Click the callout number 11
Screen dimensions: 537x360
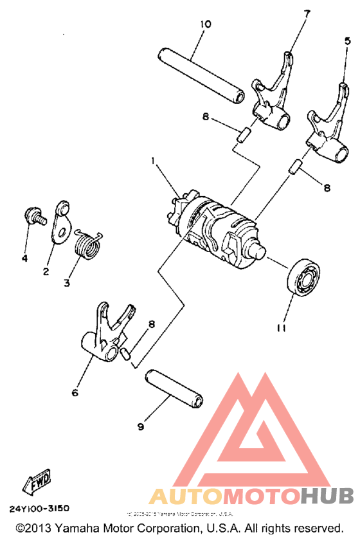point(281,328)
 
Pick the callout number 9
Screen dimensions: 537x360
point(141,426)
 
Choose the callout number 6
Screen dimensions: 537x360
point(75,392)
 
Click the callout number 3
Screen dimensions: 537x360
point(67,282)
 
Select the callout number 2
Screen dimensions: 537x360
point(46,271)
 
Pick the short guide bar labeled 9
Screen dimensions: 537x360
point(175,388)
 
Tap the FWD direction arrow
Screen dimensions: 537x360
point(37,480)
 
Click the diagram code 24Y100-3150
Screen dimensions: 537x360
point(39,508)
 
